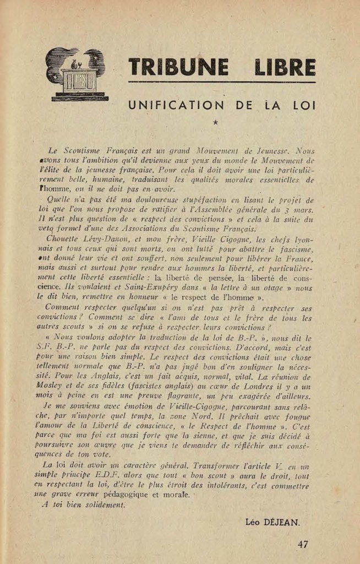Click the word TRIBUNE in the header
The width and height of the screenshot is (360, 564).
pyautogui.click(x=178, y=67)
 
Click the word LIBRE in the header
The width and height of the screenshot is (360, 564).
pyautogui.click(x=285, y=67)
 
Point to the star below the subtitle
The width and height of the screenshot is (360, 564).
pyautogui.click(x=215, y=123)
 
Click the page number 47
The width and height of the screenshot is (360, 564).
pyautogui.click(x=303, y=544)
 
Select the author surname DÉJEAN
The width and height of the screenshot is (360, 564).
pyautogui.click(x=288, y=520)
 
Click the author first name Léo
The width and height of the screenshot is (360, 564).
pyautogui.click(x=255, y=520)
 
